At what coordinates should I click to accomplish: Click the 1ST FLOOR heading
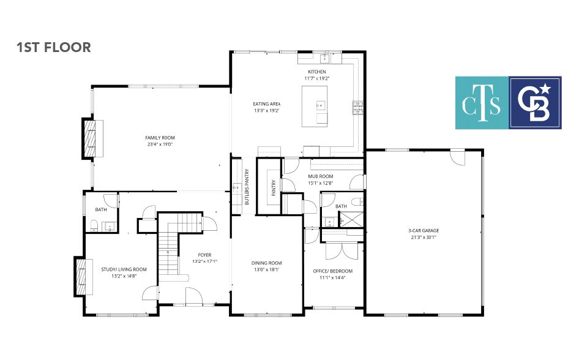click(53, 47)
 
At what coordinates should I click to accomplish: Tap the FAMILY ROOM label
click(160, 138)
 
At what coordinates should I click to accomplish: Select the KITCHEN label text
click(317, 72)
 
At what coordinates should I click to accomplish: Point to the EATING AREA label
click(267, 103)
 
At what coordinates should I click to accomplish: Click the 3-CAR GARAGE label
click(424, 230)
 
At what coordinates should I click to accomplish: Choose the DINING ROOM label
click(267, 263)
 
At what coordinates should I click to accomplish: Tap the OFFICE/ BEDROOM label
click(333, 271)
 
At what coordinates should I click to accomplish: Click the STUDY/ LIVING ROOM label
click(124, 269)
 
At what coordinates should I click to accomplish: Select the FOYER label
click(204, 255)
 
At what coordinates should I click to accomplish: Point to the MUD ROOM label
click(321, 176)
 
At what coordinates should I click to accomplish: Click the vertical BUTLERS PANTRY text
click(247, 187)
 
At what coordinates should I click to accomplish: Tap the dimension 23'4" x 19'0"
click(160, 144)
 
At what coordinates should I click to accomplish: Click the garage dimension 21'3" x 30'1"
click(424, 237)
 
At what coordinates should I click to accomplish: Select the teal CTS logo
click(482, 103)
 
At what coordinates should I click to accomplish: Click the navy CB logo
click(536, 103)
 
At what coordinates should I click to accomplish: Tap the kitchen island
click(315, 107)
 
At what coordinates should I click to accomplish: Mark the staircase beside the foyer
click(174, 244)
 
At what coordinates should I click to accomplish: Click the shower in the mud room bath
click(351, 219)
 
